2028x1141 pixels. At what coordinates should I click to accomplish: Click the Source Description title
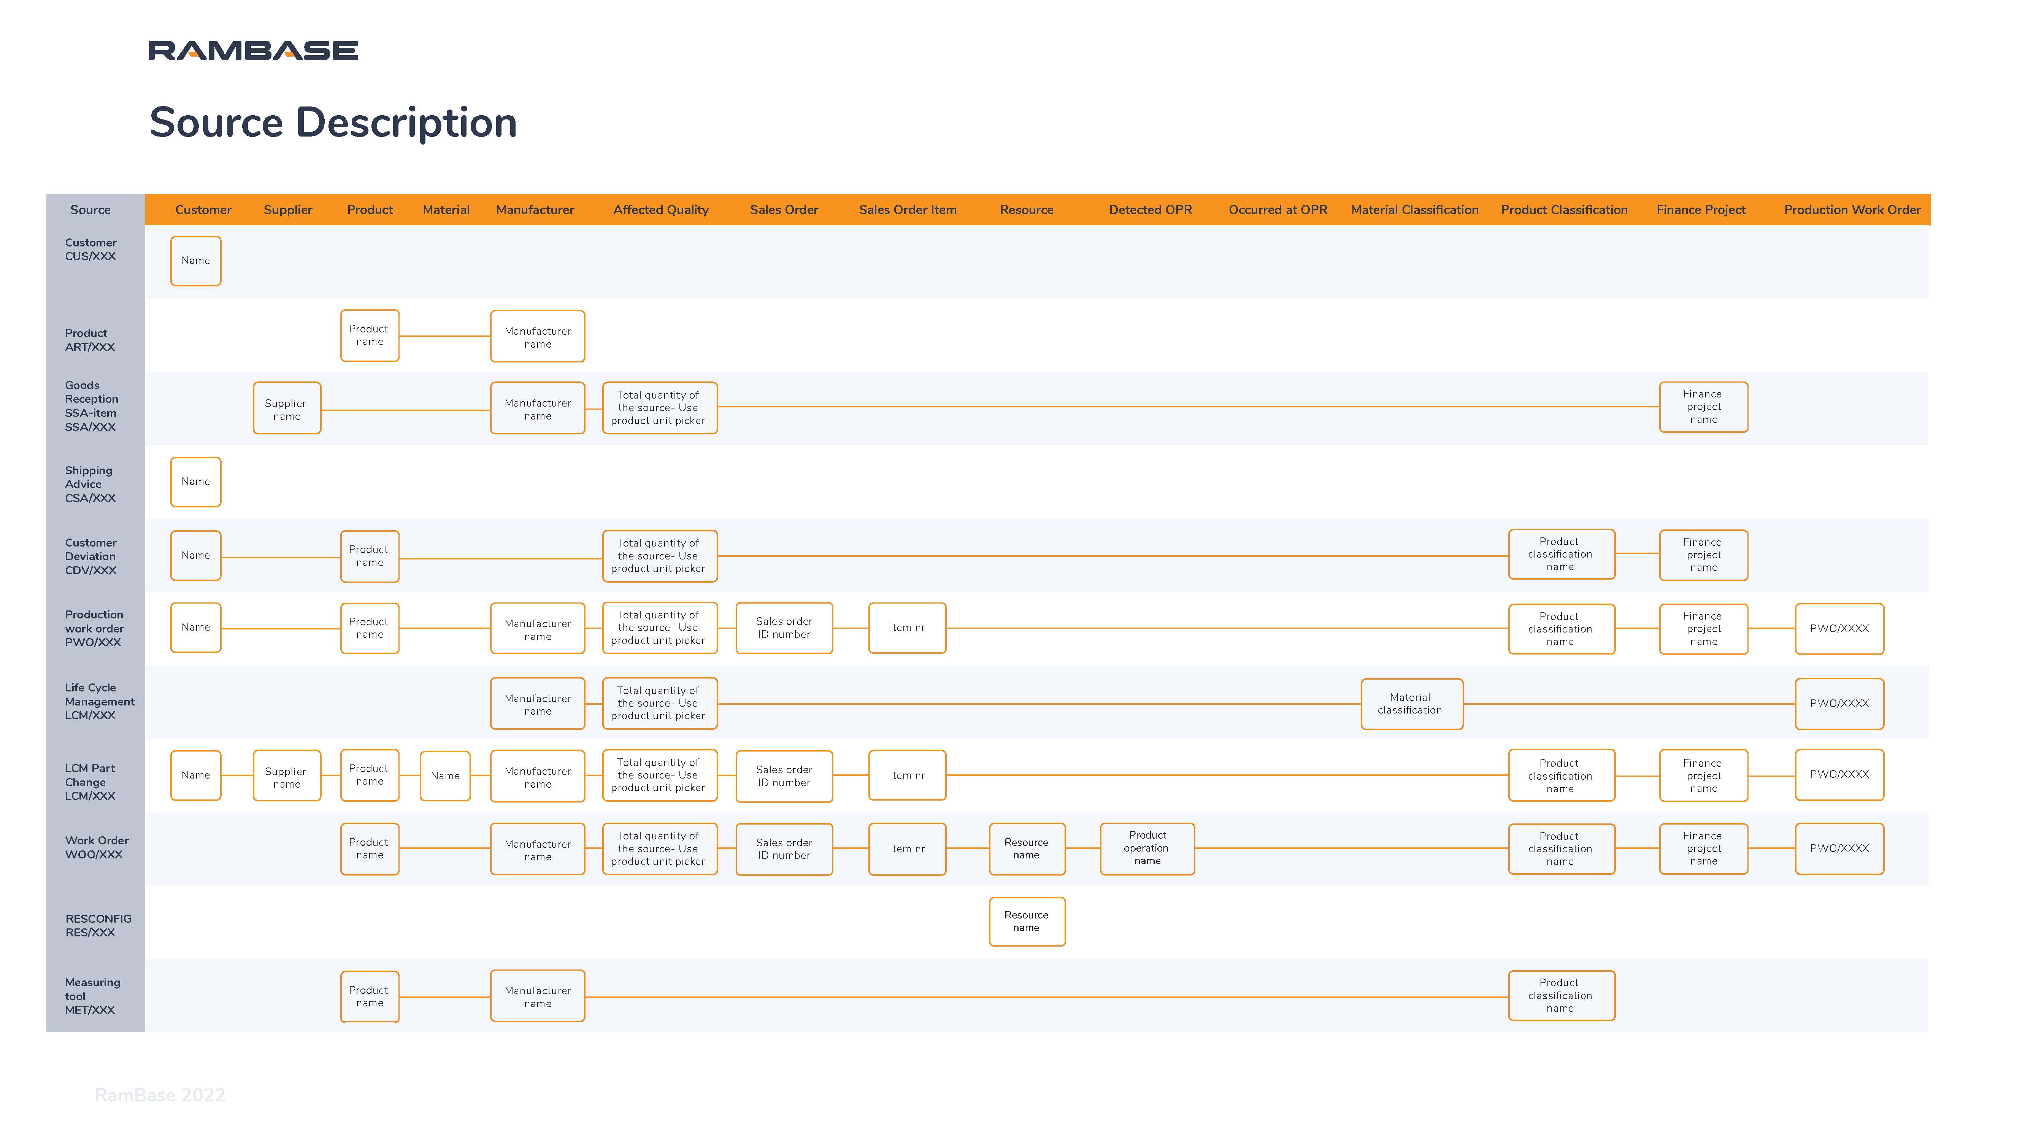click(333, 123)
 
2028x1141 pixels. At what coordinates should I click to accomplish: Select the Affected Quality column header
click(660, 210)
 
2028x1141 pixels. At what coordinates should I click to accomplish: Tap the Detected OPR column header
click(1150, 210)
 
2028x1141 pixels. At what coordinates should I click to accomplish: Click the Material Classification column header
click(1415, 210)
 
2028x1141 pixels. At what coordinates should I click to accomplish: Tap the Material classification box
click(1412, 704)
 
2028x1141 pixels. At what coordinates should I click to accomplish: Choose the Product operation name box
click(1147, 848)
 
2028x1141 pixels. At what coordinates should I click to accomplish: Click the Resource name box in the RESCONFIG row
click(1027, 921)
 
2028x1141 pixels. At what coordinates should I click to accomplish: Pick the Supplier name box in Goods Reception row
click(287, 408)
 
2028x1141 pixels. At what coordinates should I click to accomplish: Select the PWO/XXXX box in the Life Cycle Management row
click(1839, 703)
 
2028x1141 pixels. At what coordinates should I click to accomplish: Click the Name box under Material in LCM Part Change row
click(445, 775)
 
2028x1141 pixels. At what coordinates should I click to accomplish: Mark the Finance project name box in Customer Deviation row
click(1703, 555)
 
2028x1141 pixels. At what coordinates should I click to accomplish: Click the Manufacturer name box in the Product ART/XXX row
click(538, 336)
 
